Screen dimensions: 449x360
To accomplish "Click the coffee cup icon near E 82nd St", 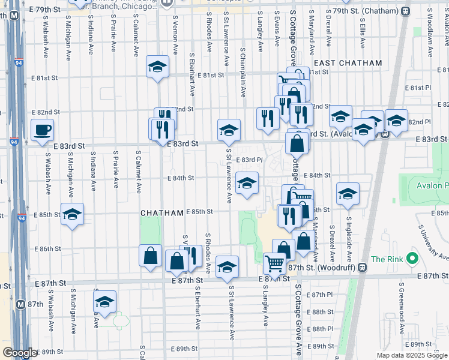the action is coord(41,130).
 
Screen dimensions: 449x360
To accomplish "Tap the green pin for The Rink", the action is coord(412,259).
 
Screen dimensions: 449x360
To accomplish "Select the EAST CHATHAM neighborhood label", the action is coord(348,63).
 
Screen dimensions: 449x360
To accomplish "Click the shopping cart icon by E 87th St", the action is coord(274,262).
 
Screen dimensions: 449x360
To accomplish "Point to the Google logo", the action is coord(19,353).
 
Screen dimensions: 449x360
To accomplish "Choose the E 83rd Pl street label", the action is coord(249,160).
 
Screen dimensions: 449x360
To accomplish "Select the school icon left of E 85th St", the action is coord(72,214).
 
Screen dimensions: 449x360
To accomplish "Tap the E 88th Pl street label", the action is coord(322,329).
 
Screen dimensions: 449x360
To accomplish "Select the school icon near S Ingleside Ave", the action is coord(348,194).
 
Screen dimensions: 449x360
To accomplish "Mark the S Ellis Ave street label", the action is coord(363,33).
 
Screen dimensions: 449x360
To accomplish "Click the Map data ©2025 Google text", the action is coord(412,355).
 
